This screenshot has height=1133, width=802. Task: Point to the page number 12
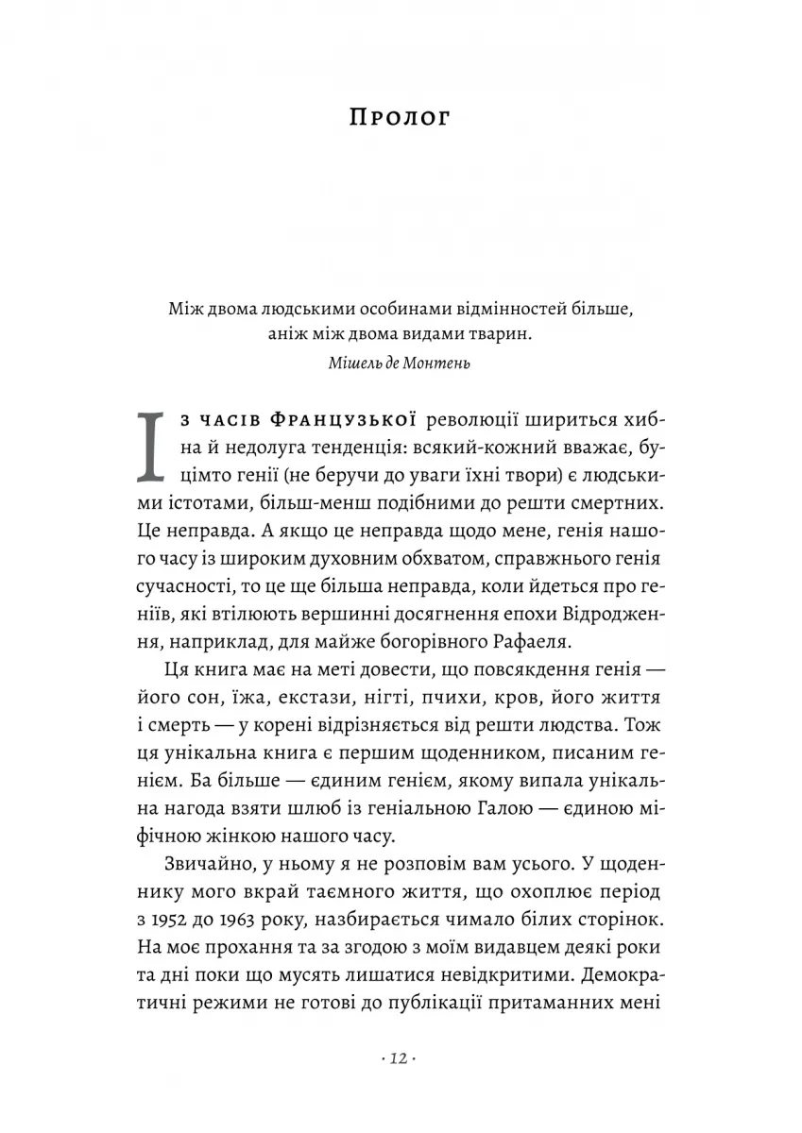[x=401, y=1061]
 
